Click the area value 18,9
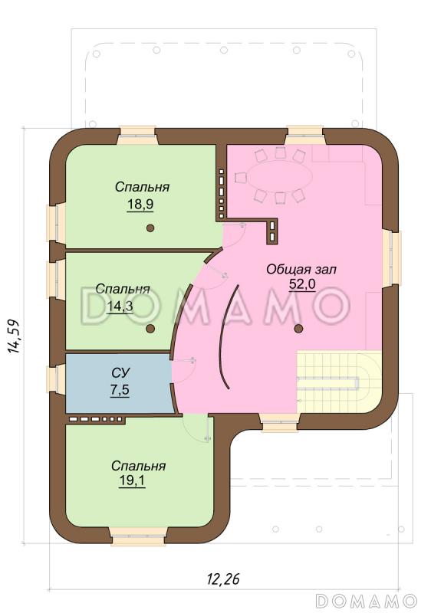tap(140, 204)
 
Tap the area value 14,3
tap(120, 306)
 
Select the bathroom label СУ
tap(120, 373)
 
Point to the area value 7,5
tap(120, 390)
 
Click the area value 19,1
tap(132, 480)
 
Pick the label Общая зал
tap(301, 270)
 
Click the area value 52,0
tap(302, 284)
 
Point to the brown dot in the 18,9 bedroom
tap(150, 228)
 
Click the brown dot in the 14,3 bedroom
tap(150, 329)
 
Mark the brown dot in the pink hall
tap(298, 329)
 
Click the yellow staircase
tap(339, 382)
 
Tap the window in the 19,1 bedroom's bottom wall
tap(138, 536)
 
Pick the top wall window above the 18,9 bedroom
tap(137, 136)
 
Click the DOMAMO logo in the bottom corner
tap(366, 601)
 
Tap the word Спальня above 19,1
tap(139, 466)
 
